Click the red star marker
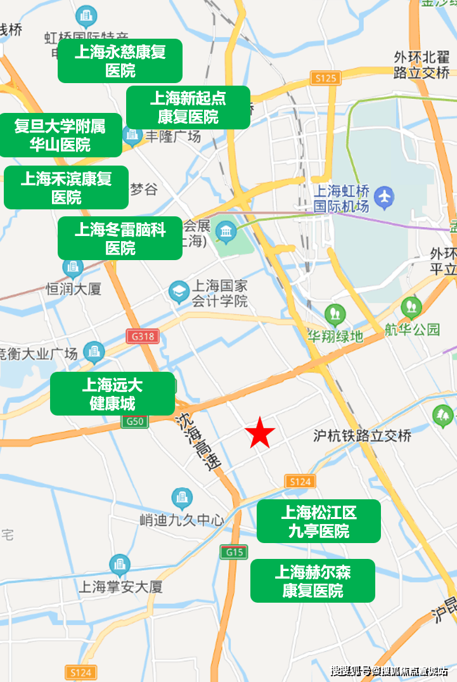260,434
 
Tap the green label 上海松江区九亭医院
318,521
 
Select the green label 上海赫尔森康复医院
312,580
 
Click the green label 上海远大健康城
112,393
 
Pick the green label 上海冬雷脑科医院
120,238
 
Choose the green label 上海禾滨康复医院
66,187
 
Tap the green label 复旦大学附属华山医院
60,135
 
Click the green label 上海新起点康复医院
188,107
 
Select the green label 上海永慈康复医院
120,60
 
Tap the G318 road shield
142,336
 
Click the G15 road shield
234,552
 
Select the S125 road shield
326,78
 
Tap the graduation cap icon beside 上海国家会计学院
179,292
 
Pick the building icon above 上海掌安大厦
119,565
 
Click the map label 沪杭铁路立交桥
362,436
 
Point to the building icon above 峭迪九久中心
182,498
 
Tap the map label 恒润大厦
74,289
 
